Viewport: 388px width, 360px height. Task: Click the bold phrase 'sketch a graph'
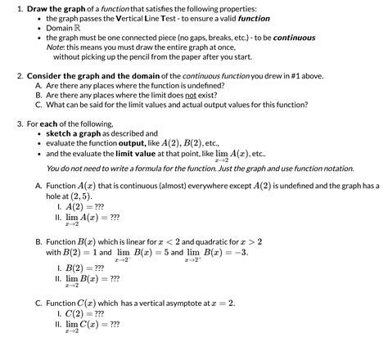click(x=76, y=133)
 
